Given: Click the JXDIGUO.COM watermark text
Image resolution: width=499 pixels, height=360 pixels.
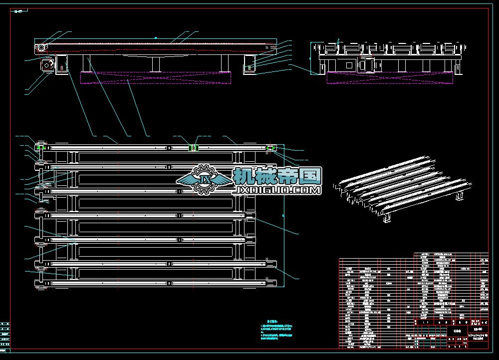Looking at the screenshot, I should click(x=277, y=190).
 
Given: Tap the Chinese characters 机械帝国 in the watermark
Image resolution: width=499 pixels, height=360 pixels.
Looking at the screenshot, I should click(x=277, y=176).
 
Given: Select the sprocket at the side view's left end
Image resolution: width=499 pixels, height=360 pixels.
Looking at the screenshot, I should click(x=40, y=48).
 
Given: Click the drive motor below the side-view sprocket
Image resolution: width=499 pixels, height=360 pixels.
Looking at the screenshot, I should click(x=47, y=65).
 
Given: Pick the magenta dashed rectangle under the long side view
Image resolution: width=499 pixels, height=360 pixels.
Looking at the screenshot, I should click(x=156, y=77).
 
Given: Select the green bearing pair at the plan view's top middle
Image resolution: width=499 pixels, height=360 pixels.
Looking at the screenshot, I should click(x=193, y=147).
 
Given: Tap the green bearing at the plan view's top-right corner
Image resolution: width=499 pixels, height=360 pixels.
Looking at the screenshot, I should click(x=271, y=147).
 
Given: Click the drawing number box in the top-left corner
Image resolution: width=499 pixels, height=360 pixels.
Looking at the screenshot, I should click(x=18, y=10).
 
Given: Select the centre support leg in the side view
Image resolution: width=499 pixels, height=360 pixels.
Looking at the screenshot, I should click(x=156, y=63).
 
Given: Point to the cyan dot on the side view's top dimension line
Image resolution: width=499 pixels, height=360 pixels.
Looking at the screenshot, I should click(x=156, y=37).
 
